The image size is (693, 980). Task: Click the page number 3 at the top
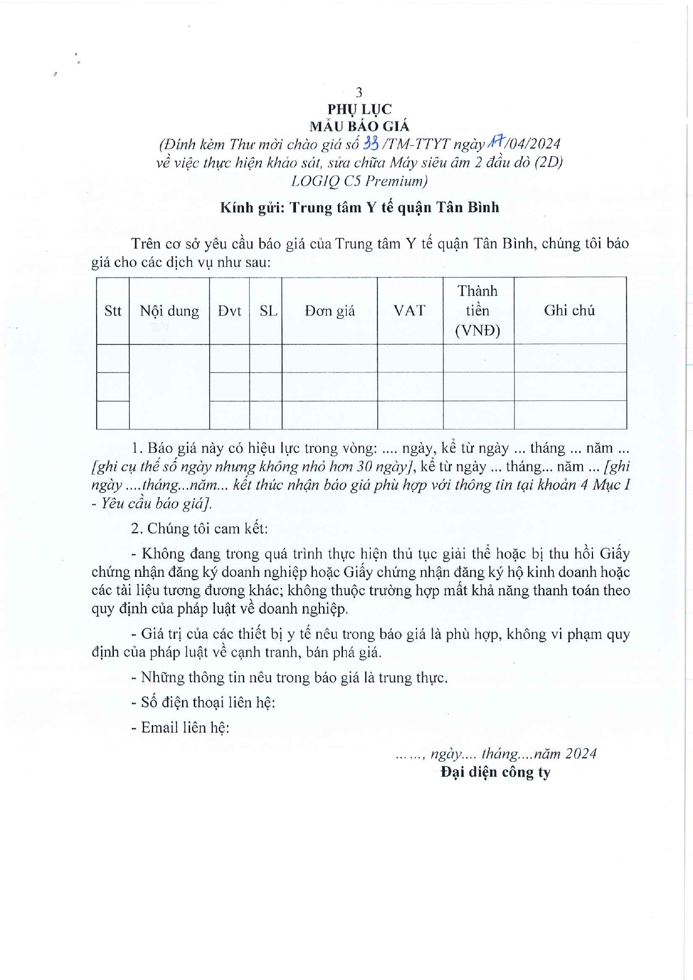tap(359, 92)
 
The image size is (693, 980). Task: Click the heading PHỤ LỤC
tap(359, 109)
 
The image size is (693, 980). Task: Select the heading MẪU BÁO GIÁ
tap(359, 126)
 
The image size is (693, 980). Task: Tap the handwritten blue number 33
tap(371, 144)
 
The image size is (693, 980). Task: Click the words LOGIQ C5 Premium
tap(360, 181)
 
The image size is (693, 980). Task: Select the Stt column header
tap(113, 311)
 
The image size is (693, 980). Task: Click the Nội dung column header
tap(169, 311)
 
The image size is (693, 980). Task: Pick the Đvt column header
tap(230, 311)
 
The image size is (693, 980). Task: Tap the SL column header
tap(268, 311)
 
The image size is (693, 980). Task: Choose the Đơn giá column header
tap(329, 311)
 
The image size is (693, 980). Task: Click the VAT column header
tap(409, 310)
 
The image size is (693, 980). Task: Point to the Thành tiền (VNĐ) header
tap(477, 310)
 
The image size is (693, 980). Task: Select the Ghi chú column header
tap(570, 310)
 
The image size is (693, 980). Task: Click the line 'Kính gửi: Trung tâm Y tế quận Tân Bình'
tap(359, 208)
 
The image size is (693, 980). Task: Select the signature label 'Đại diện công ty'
tap(495, 772)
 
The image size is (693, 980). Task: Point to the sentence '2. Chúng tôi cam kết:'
tap(199, 528)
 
